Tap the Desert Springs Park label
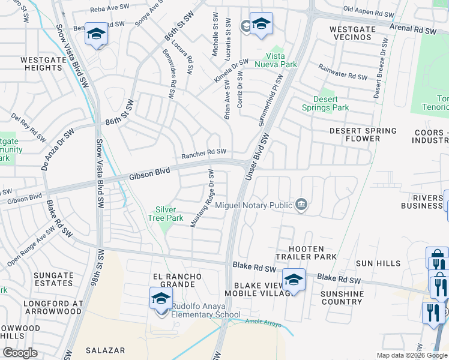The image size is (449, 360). click(331, 103)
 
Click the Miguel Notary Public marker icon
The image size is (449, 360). click(301, 205)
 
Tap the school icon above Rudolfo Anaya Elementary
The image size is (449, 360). click(161, 298)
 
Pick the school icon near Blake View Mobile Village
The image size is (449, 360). click(294, 280)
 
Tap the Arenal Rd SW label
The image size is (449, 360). click(414, 29)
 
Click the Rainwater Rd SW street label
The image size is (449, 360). click(343, 72)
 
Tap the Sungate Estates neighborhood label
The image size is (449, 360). click(54, 279)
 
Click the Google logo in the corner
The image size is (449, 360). click(20, 353)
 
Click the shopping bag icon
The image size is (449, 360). click(437, 259)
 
